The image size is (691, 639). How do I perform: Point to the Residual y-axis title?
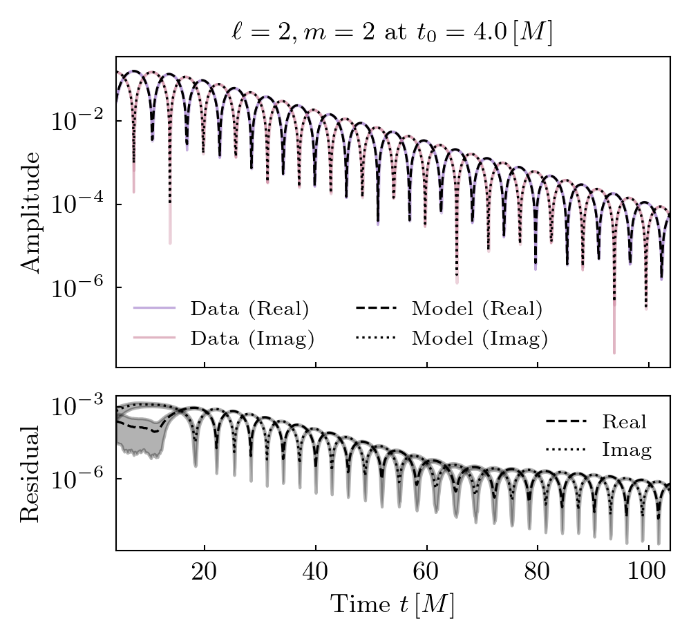[x=30, y=473]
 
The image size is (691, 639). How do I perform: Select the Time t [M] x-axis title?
[x=392, y=605]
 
